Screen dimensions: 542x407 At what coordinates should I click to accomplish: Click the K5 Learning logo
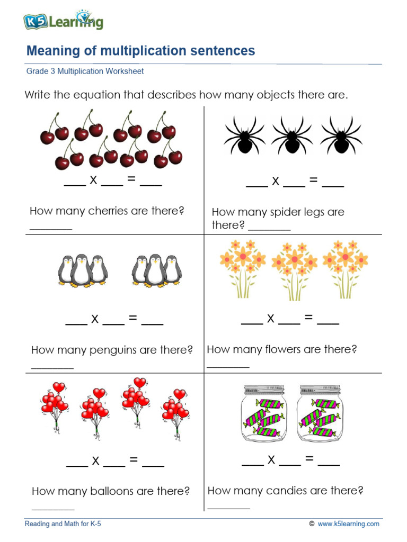point(63,21)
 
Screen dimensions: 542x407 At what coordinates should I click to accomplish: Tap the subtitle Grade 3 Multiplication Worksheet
point(85,71)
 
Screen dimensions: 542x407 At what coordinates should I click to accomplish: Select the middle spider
point(291,135)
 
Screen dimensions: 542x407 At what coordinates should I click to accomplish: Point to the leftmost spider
point(244,135)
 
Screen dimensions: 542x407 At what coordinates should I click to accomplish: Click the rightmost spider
point(341,135)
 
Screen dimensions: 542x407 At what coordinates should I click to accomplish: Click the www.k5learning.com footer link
point(348,524)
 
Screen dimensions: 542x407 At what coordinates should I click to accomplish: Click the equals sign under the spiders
point(313,181)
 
